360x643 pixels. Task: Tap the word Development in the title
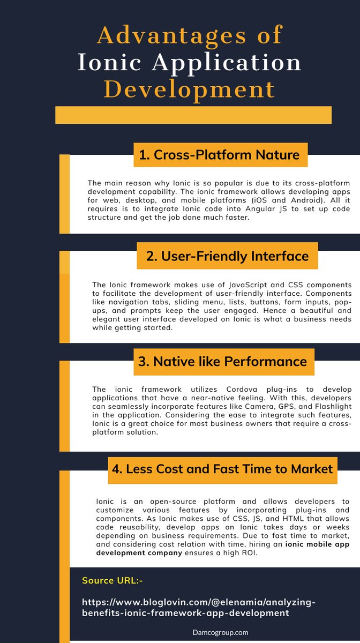pos(190,89)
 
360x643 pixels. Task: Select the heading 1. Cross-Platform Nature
pos(220,155)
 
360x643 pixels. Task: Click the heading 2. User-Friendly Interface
pos(227,256)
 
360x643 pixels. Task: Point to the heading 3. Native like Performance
pos(223,361)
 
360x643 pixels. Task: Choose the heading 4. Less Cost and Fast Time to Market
pos(222,469)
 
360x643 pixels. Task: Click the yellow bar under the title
pos(193,115)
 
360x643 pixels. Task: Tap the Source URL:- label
pos(112,580)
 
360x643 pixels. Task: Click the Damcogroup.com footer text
pos(220,632)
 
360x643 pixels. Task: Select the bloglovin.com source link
pos(199,607)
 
